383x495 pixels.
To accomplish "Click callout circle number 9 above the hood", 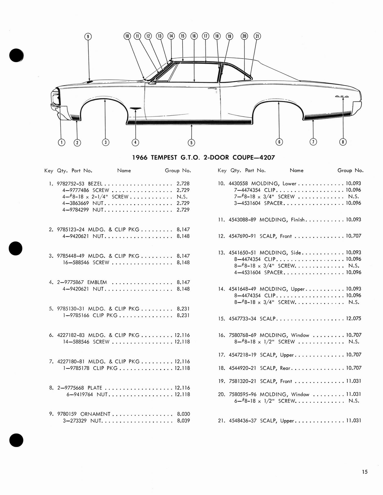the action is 88,37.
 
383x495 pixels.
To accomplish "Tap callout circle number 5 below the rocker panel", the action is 191,142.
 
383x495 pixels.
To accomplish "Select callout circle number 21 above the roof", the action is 257,36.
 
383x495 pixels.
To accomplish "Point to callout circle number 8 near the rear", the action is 343,142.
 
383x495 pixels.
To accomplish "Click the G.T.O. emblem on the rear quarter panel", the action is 342,97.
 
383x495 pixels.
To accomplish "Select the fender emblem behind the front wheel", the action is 135,108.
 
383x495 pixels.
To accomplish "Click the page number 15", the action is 364,472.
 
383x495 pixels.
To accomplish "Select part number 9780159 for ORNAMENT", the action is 68,414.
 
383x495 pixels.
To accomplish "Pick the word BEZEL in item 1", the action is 95,183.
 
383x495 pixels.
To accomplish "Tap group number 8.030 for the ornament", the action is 183,414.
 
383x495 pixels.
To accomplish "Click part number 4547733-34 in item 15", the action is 242,319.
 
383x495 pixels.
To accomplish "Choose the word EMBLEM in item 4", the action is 97,282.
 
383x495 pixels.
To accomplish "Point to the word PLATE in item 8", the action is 95,388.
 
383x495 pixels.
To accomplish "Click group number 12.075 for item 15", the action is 353,319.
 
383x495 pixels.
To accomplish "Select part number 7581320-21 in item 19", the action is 242,381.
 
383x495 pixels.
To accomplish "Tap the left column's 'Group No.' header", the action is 178,170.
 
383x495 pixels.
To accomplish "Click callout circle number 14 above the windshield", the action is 171,36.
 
